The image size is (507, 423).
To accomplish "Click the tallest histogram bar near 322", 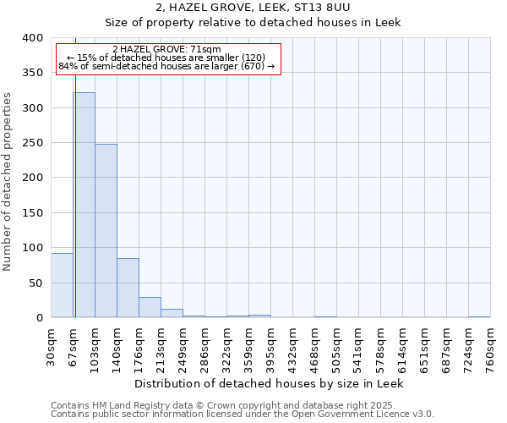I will [x=84, y=205].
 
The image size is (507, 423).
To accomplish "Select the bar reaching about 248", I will [x=106, y=231].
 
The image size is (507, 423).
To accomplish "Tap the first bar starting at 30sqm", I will [x=62, y=285].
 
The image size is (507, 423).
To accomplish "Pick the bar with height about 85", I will [x=128, y=288].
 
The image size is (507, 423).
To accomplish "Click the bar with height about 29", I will [x=150, y=307].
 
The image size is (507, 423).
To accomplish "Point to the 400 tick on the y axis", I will [x=33, y=38].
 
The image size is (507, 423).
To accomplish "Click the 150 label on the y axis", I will [x=33, y=213].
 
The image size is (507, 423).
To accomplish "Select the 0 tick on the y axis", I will [x=40, y=318].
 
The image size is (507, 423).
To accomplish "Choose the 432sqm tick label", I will [x=293, y=344].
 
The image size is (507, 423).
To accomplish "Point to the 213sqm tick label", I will [x=161, y=344].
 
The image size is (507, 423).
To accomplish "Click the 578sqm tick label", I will [x=381, y=344].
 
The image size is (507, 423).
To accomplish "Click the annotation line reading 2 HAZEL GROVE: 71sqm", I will [x=166, y=50].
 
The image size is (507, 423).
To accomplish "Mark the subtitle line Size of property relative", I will [x=253, y=22].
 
